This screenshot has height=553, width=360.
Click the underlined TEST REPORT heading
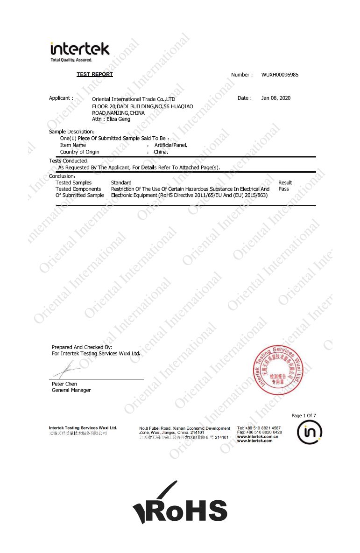click(95, 75)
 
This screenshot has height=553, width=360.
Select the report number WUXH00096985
click(280, 75)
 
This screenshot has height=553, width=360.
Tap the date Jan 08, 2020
click(275, 98)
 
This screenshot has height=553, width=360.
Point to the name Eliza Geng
click(119, 119)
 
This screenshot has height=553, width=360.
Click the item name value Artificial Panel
click(170, 146)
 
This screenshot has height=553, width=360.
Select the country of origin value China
click(161, 152)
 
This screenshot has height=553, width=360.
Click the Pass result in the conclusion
click(283, 189)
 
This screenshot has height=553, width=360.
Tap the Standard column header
click(121, 183)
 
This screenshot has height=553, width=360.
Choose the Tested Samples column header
click(74, 183)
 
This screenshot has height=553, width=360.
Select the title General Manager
click(71, 390)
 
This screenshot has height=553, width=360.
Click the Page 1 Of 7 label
click(304, 415)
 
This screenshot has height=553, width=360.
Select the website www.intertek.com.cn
click(257, 436)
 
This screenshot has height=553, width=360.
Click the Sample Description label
click(72, 132)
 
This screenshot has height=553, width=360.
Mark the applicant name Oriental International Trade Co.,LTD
click(133, 99)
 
